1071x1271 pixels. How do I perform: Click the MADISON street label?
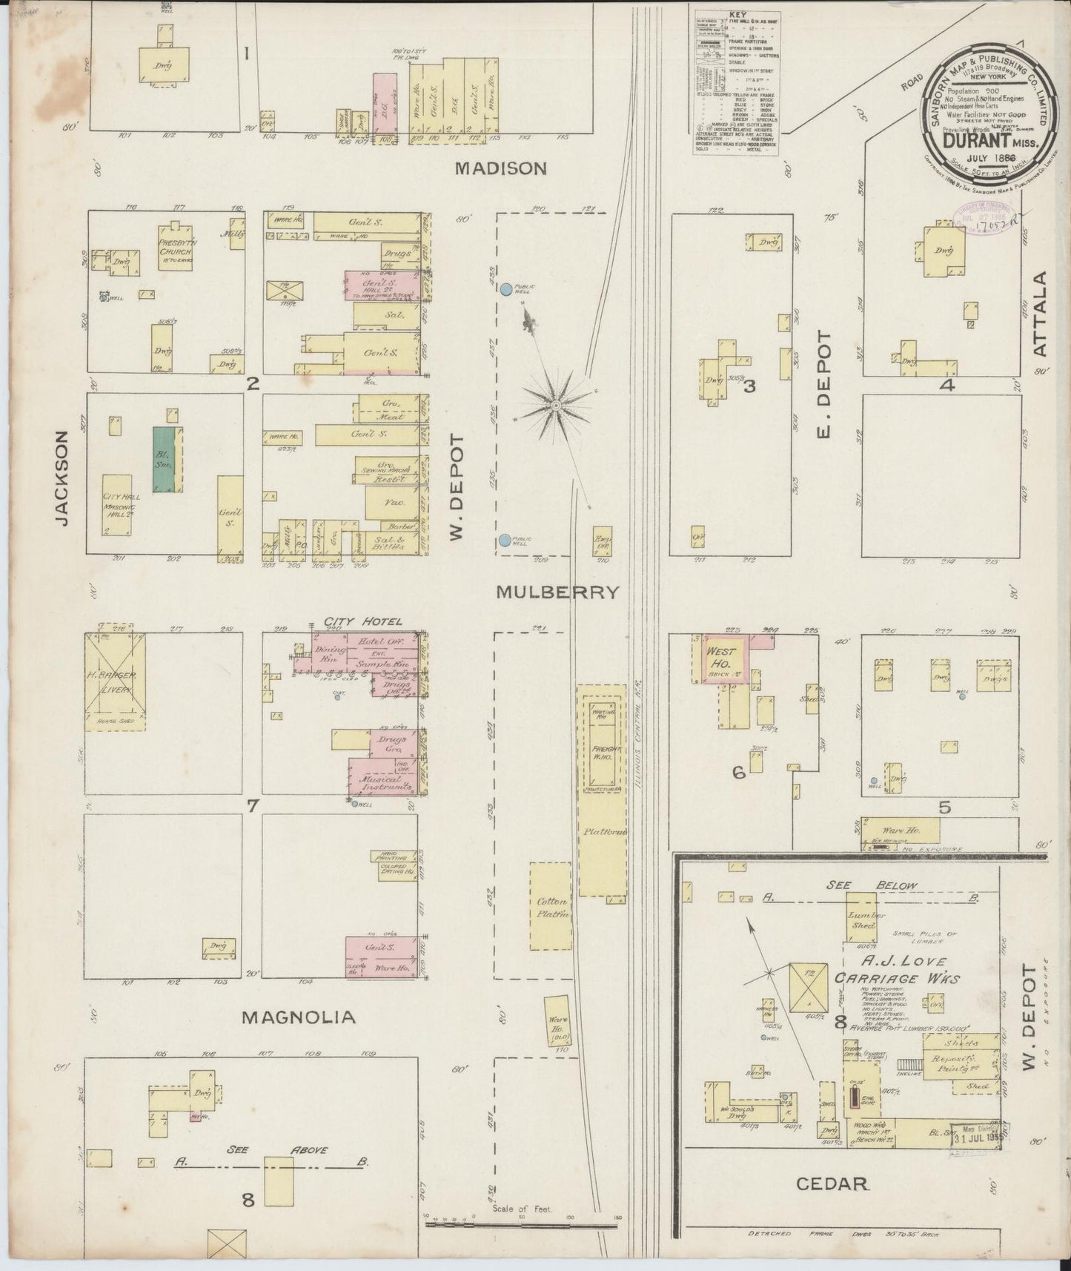pos(500,169)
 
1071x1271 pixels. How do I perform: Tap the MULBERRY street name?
pos(557,592)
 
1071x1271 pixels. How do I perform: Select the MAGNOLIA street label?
pos(298,1017)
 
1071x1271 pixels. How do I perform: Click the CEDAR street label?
pos(832,1184)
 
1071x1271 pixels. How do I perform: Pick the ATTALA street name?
pos(1041,314)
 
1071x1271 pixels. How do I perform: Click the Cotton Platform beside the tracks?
pos(551,906)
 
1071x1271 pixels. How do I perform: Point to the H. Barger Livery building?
pos(114,681)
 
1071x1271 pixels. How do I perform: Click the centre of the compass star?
pos(555,405)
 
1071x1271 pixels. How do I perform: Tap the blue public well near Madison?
pos(505,288)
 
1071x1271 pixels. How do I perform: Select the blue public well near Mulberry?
pos(505,541)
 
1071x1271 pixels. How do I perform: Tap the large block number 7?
pos(253,805)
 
